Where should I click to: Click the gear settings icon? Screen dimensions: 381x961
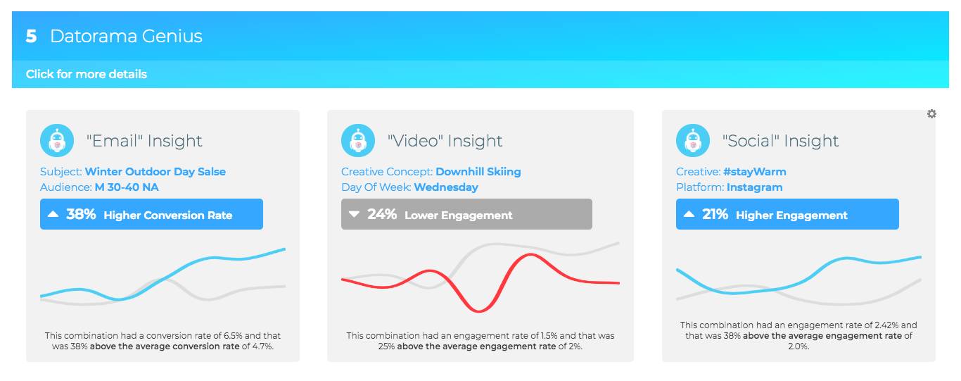tap(931, 114)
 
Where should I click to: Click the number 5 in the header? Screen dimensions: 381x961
tap(31, 37)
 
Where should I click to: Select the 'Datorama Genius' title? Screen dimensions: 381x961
tap(126, 37)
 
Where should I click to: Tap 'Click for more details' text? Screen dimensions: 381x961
tap(87, 74)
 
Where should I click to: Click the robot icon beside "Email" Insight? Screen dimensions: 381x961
tap(57, 141)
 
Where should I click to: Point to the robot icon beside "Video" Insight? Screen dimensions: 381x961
tap(358, 141)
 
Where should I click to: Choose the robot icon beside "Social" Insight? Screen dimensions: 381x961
tap(693, 141)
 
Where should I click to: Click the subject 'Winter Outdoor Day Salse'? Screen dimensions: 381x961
tap(155, 172)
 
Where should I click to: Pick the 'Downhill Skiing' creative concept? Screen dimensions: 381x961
tap(478, 172)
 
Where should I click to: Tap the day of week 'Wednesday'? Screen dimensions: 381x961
tap(446, 187)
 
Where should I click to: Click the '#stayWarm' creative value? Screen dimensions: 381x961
tap(755, 172)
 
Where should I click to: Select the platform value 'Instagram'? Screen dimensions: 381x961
tap(754, 187)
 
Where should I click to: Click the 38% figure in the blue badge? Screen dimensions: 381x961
tap(81, 214)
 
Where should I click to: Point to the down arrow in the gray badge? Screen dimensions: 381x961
tap(354, 214)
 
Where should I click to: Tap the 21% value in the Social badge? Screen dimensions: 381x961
tap(715, 214)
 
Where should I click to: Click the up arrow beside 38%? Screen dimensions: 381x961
tap(53, 214)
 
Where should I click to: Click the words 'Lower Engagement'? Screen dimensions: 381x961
tap(459, 215)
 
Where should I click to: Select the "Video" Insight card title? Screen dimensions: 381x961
tap(445, 141)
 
